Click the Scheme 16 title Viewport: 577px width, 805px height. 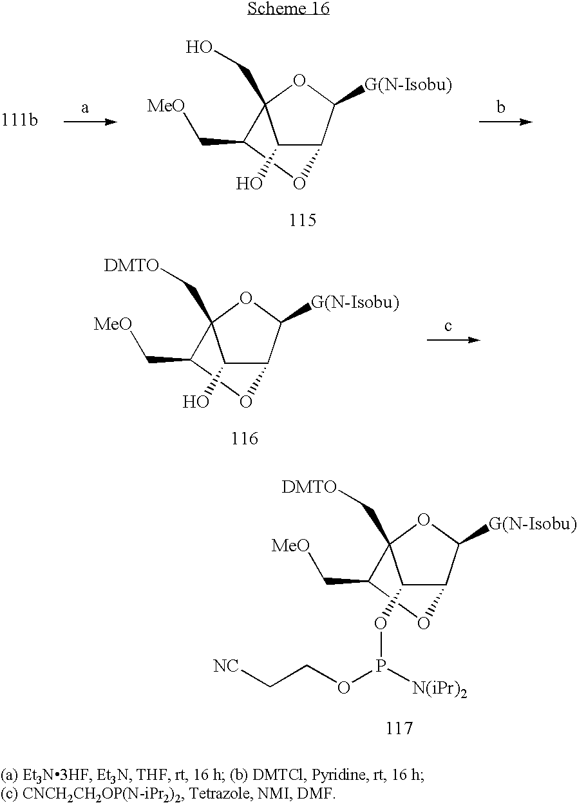[x=288, y=8]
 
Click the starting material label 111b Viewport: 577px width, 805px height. [x=19, y=120]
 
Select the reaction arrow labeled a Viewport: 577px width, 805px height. [x=91, y=122]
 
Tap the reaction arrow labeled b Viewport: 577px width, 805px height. [x=506, y=122]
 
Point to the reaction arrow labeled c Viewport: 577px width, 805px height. [x=453, y=340]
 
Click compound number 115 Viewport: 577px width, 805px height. [x=303, y=220]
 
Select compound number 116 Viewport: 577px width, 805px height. [x=245, y=439]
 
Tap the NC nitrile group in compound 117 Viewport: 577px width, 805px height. [x=226, y=666]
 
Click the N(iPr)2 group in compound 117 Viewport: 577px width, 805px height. [x=439, y=689]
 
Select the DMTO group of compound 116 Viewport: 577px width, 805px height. [x=131, y=265]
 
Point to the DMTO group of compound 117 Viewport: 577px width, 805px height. [x=309, y=488]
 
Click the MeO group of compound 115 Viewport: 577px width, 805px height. [x=166, y=106]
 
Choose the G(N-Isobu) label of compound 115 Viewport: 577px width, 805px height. [x=408, y=85]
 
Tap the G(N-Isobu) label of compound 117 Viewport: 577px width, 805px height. [x=533, y=524]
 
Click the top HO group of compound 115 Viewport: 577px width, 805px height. [x=199, y=48]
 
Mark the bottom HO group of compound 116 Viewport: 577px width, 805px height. [x=196, y=402]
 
